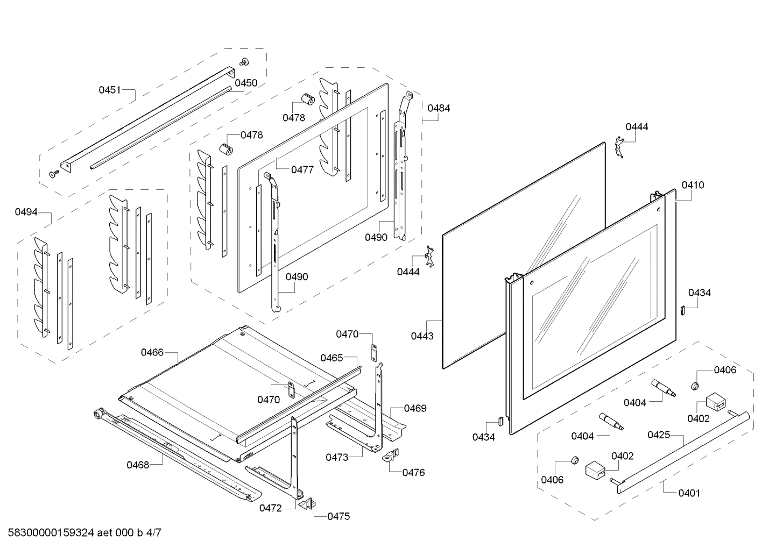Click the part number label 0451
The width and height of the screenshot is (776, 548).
109,90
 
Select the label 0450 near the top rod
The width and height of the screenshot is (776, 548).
246,83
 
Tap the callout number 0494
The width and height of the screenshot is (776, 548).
26,212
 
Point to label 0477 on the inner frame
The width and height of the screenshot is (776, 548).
302,170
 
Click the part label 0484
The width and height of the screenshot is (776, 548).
439,108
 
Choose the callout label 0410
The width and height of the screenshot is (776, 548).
692,185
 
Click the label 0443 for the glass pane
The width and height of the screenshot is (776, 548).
422,336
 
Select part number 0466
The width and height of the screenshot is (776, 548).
152,352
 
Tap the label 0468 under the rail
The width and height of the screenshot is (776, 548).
138,465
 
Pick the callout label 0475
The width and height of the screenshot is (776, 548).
338,516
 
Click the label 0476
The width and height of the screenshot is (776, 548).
413,473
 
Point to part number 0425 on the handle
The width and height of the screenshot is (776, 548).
659,435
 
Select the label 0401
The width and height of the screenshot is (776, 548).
689,493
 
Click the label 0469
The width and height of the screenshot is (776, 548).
415,408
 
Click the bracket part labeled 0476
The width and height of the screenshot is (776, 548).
390,456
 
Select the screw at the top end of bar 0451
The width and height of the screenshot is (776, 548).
244,62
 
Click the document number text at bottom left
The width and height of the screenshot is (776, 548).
81,533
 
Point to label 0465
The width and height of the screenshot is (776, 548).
331,358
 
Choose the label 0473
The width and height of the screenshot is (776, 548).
336,457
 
